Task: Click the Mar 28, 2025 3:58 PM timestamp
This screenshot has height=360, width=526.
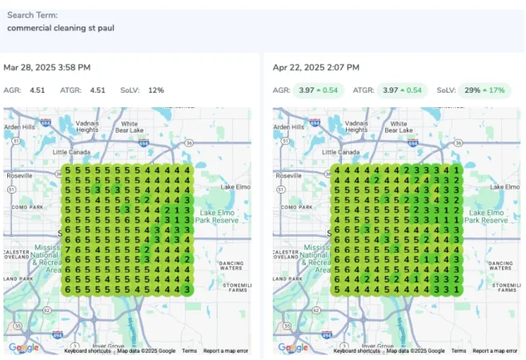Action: pos(46,67)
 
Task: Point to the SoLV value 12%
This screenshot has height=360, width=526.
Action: pos(155,90)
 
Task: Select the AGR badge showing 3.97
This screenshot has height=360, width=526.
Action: pos(318,90)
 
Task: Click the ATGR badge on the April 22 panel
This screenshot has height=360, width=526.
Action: pos(392,90)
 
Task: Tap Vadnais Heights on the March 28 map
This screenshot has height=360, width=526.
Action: pos(87,126)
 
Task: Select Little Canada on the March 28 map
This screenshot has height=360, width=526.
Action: pos(71,151)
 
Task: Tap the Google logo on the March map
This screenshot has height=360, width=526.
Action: pos(23,347)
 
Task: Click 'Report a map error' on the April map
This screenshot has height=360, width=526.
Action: pos(495,351)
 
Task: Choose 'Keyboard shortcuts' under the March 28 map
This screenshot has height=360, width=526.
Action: pos(88,351)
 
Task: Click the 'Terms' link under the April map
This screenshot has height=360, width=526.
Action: pos(459,351)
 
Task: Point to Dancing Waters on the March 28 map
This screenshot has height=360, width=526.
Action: pos(231,264)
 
